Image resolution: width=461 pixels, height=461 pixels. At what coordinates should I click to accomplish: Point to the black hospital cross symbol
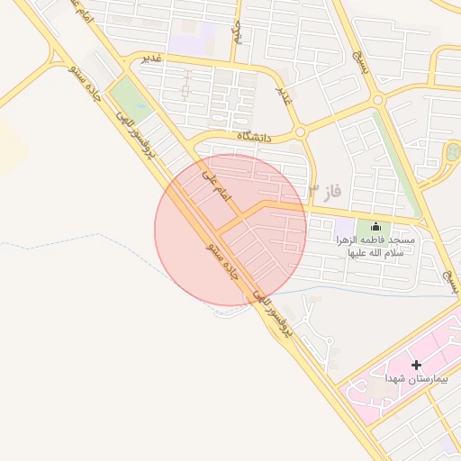pyautogui.click(x=416, y=365)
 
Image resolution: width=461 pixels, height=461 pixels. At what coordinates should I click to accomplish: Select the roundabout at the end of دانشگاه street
pyautogui.click(x=301, y=131)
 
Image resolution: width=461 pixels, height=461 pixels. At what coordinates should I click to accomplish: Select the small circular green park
pyautogui.click(x=450, y=152)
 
